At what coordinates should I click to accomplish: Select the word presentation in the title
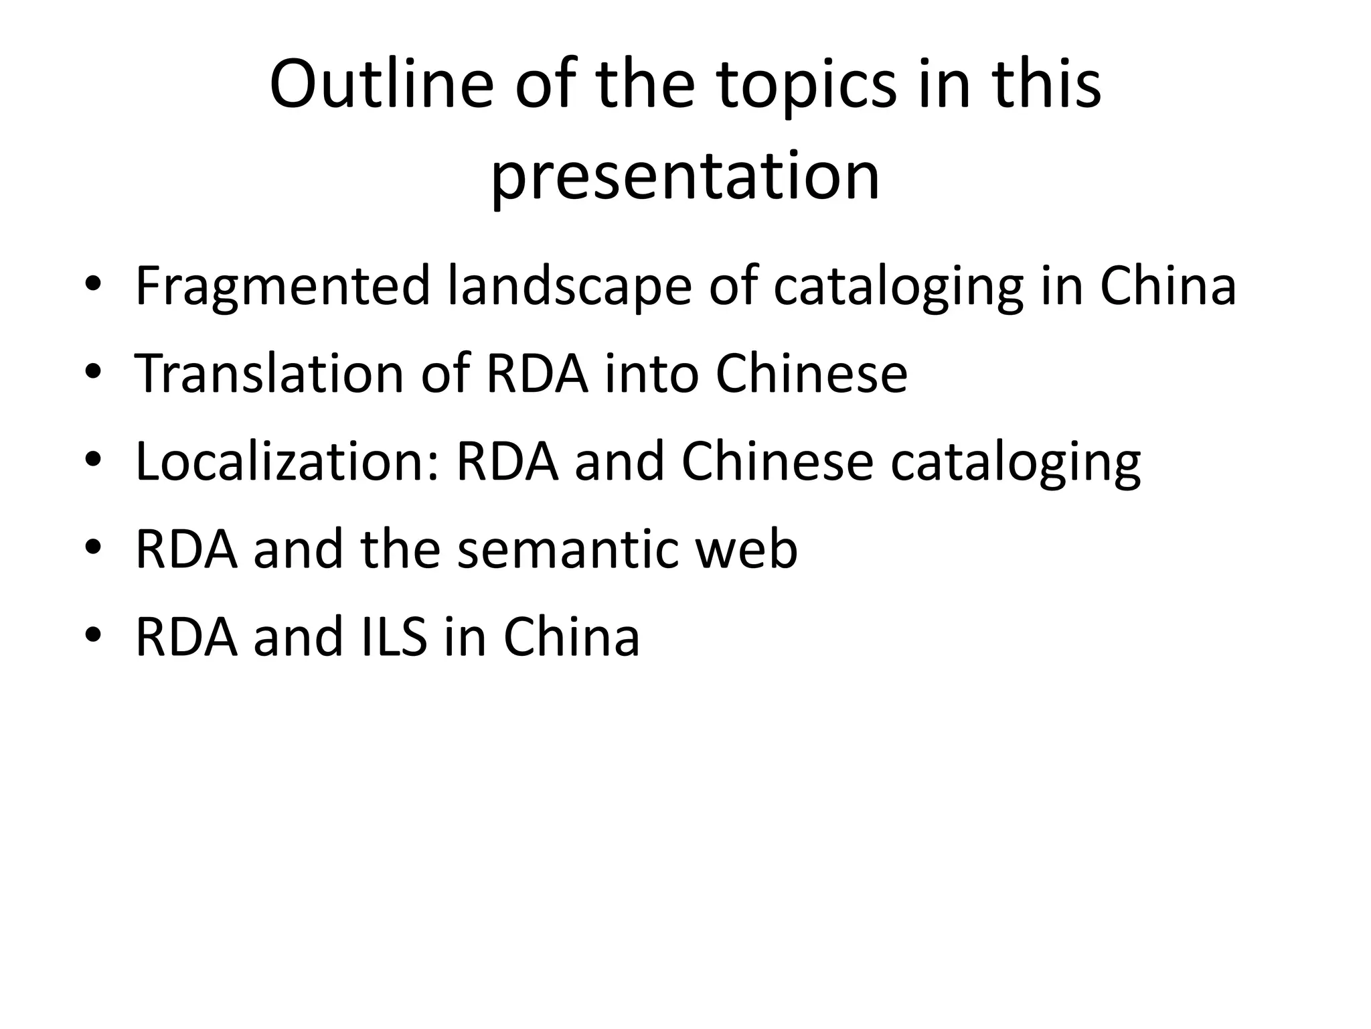click(x=685, y=176)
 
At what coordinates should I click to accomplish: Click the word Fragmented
click(x=282, y=287)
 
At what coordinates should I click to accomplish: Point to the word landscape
click(x=569, y=287)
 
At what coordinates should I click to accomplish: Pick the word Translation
click(x=269, y=373)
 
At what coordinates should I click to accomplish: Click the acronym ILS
click(x=394, y=637)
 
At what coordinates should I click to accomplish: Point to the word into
click(x=651, y=373)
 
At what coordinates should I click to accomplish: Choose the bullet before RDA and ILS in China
click(x=93, y=636)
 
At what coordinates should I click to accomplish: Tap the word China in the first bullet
click(x=1167, y=287)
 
